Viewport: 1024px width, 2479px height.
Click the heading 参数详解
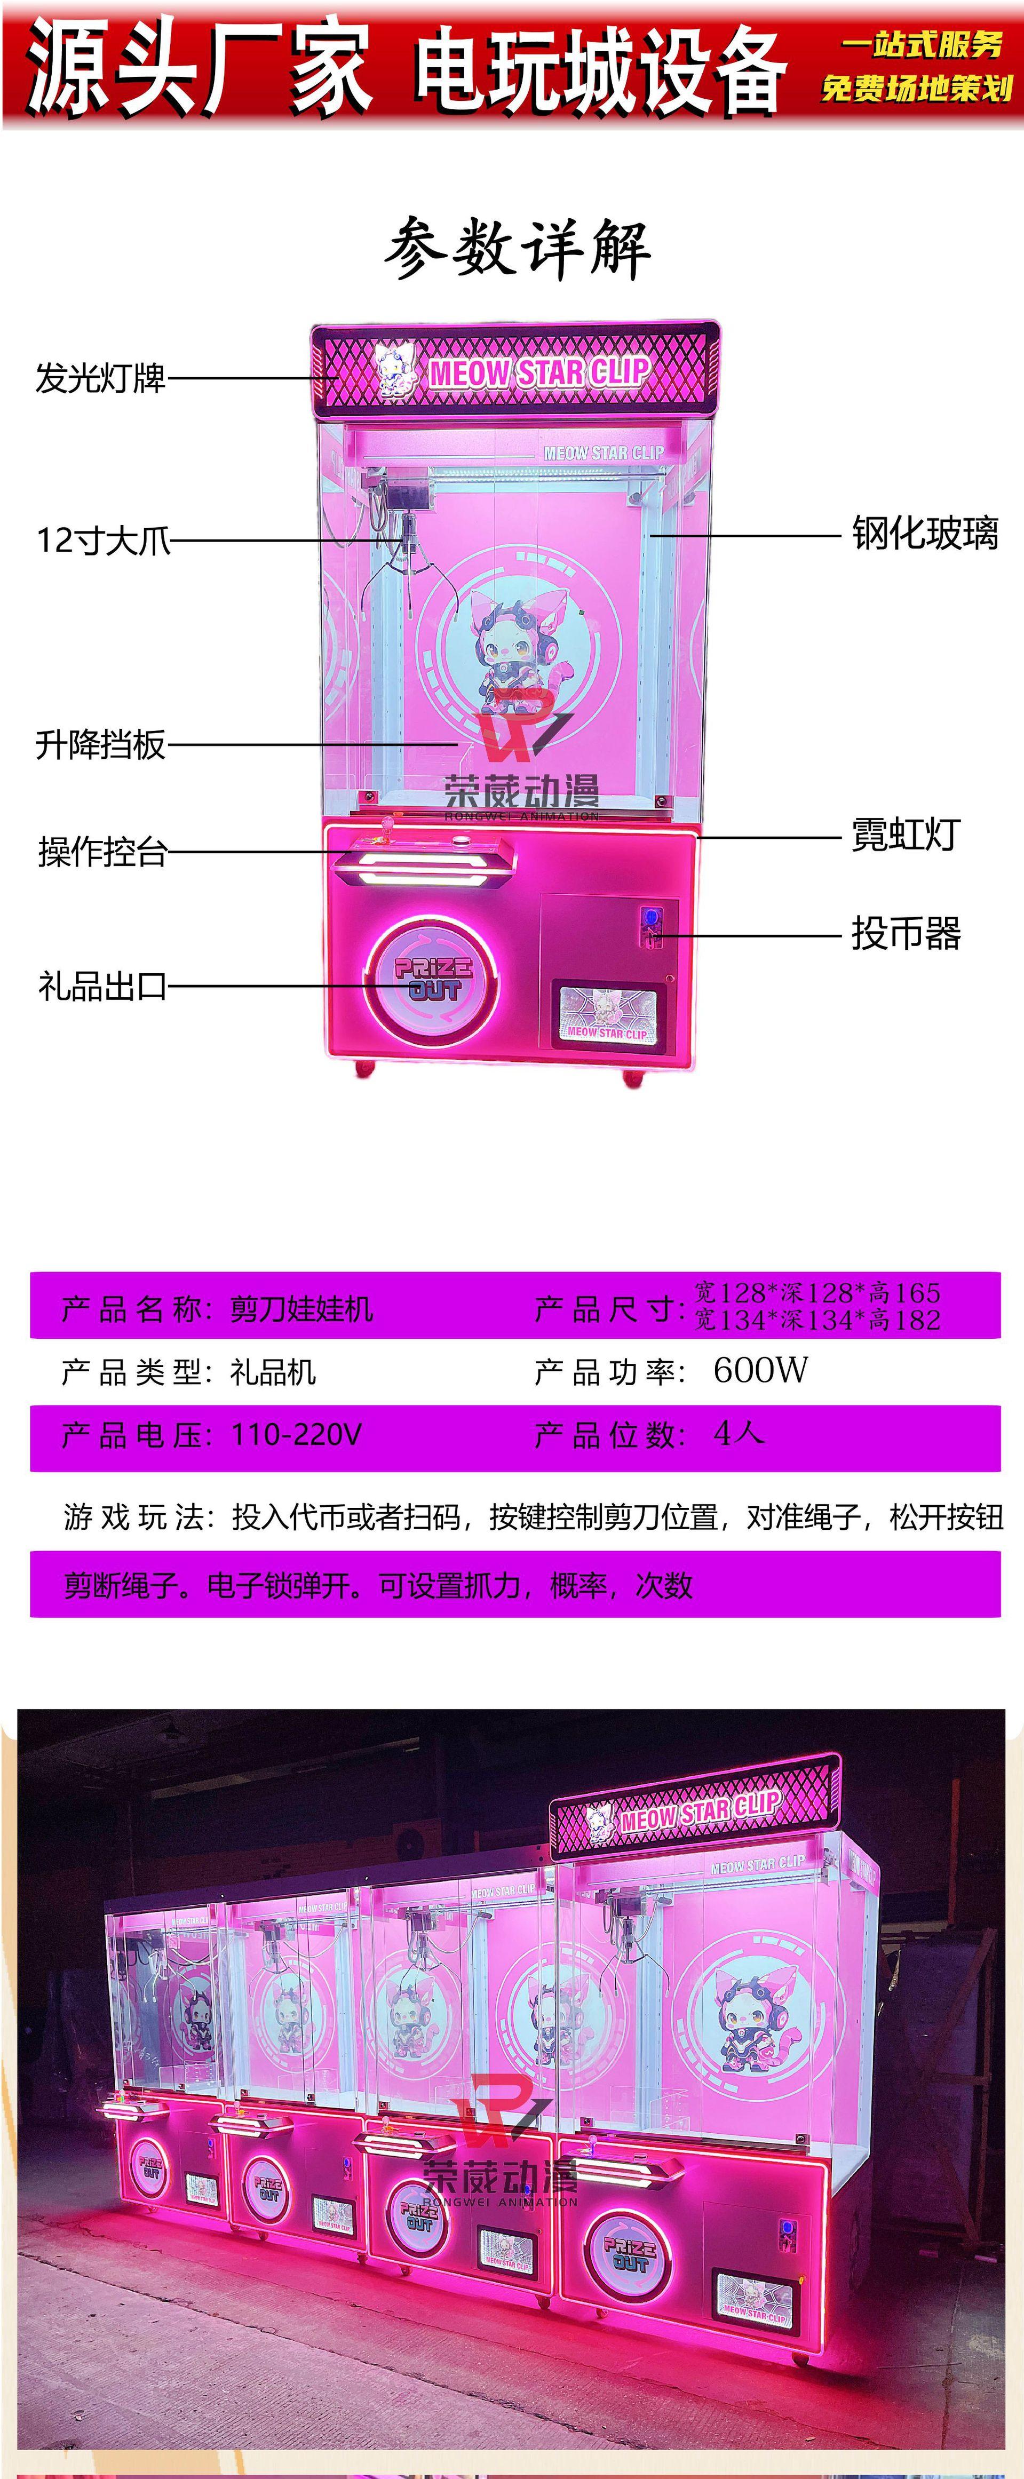517,249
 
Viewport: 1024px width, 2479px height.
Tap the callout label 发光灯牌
100,378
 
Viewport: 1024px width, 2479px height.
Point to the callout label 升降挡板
100,744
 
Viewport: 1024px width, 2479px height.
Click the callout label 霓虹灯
904,835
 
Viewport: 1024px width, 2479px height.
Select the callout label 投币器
904,933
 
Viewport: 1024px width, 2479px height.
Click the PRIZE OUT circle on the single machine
433,979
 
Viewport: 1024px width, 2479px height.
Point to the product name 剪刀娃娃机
301,1309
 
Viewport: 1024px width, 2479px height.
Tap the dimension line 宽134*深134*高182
817,1320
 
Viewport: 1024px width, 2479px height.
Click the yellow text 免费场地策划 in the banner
916,89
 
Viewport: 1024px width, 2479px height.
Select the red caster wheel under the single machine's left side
364,1067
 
